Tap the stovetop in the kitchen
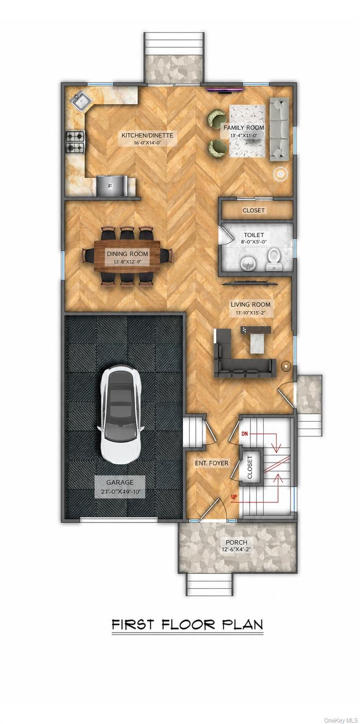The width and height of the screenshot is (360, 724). (75, 141)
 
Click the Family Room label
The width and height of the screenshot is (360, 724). (244, 128)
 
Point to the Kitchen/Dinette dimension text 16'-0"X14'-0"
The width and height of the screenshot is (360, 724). (147, 142)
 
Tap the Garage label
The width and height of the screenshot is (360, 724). (120, 482)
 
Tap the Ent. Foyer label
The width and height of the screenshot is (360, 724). (212, 463)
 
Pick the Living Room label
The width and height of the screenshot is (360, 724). (251, 304)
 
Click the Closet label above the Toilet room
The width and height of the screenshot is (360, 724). (254, 210)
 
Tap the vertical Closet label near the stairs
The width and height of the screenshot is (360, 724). (250, 467)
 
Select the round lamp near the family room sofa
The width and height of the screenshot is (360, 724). (280, 174)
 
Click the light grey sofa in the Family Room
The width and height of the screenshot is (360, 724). (279, 129)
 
